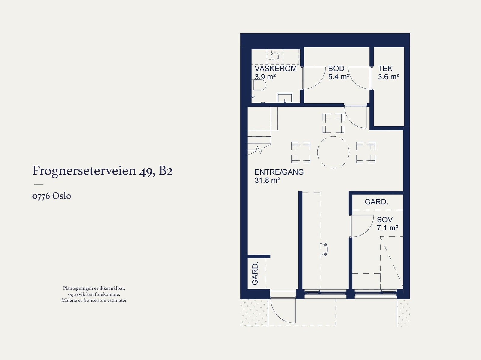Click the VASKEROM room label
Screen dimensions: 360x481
pos(275,69)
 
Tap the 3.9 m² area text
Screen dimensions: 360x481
pos(265,77)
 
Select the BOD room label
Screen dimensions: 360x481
pos(336,69)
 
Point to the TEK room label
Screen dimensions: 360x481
pos(385,69)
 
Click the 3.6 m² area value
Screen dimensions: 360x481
pos(388,77)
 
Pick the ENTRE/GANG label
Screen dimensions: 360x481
pos(279,172)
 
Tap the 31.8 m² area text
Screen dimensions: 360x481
pos(267,180)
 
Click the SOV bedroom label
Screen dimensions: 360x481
pos(384,220)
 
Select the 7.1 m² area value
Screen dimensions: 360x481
pos(387,228)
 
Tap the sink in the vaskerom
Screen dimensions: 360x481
pos(285,98)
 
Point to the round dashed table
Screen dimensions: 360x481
pos(333,152)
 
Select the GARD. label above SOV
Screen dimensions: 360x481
pos(376,202)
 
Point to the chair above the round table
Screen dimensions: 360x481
pos(333,123)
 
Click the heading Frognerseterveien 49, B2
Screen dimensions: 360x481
pos(102,171)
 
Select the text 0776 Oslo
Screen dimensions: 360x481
pos(52,196)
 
